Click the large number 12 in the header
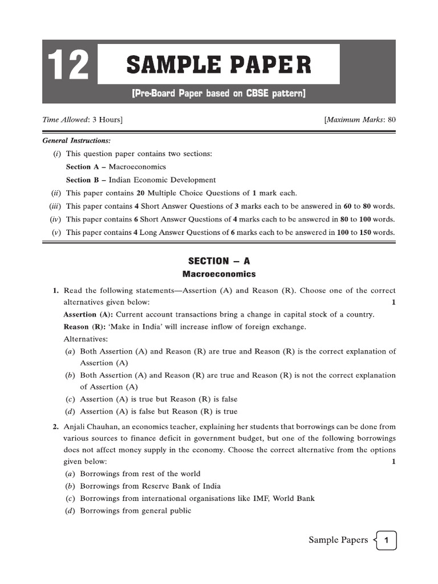[69, 66]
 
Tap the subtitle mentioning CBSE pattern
[219, 94]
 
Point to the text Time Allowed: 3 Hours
[82, 120]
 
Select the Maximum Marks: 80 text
[360, 120]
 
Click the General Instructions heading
[76, 140]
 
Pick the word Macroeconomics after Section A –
[137, 167]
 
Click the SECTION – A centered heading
[219, 261]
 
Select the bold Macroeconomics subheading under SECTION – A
[219, 274]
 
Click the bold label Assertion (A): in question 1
[88, 314]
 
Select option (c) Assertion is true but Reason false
[159, 399]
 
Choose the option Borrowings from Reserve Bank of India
[150, 486]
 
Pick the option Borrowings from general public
[135, 510]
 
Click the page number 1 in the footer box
[386, 540]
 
